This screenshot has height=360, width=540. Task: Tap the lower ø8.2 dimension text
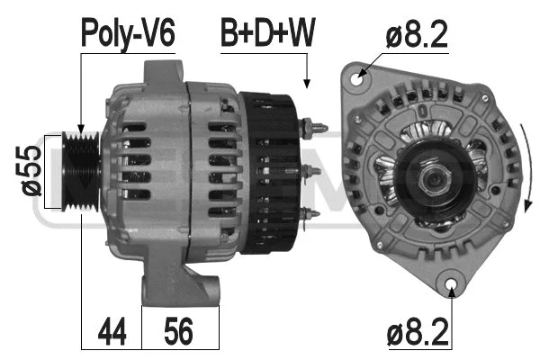(x=416, y=334)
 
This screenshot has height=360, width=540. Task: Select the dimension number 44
(x=112, y=334)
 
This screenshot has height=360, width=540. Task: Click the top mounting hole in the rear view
(x=361, y=78)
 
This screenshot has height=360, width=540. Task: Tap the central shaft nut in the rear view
(x=433, y=179)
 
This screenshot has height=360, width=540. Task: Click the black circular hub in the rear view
(x=433, y=179)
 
